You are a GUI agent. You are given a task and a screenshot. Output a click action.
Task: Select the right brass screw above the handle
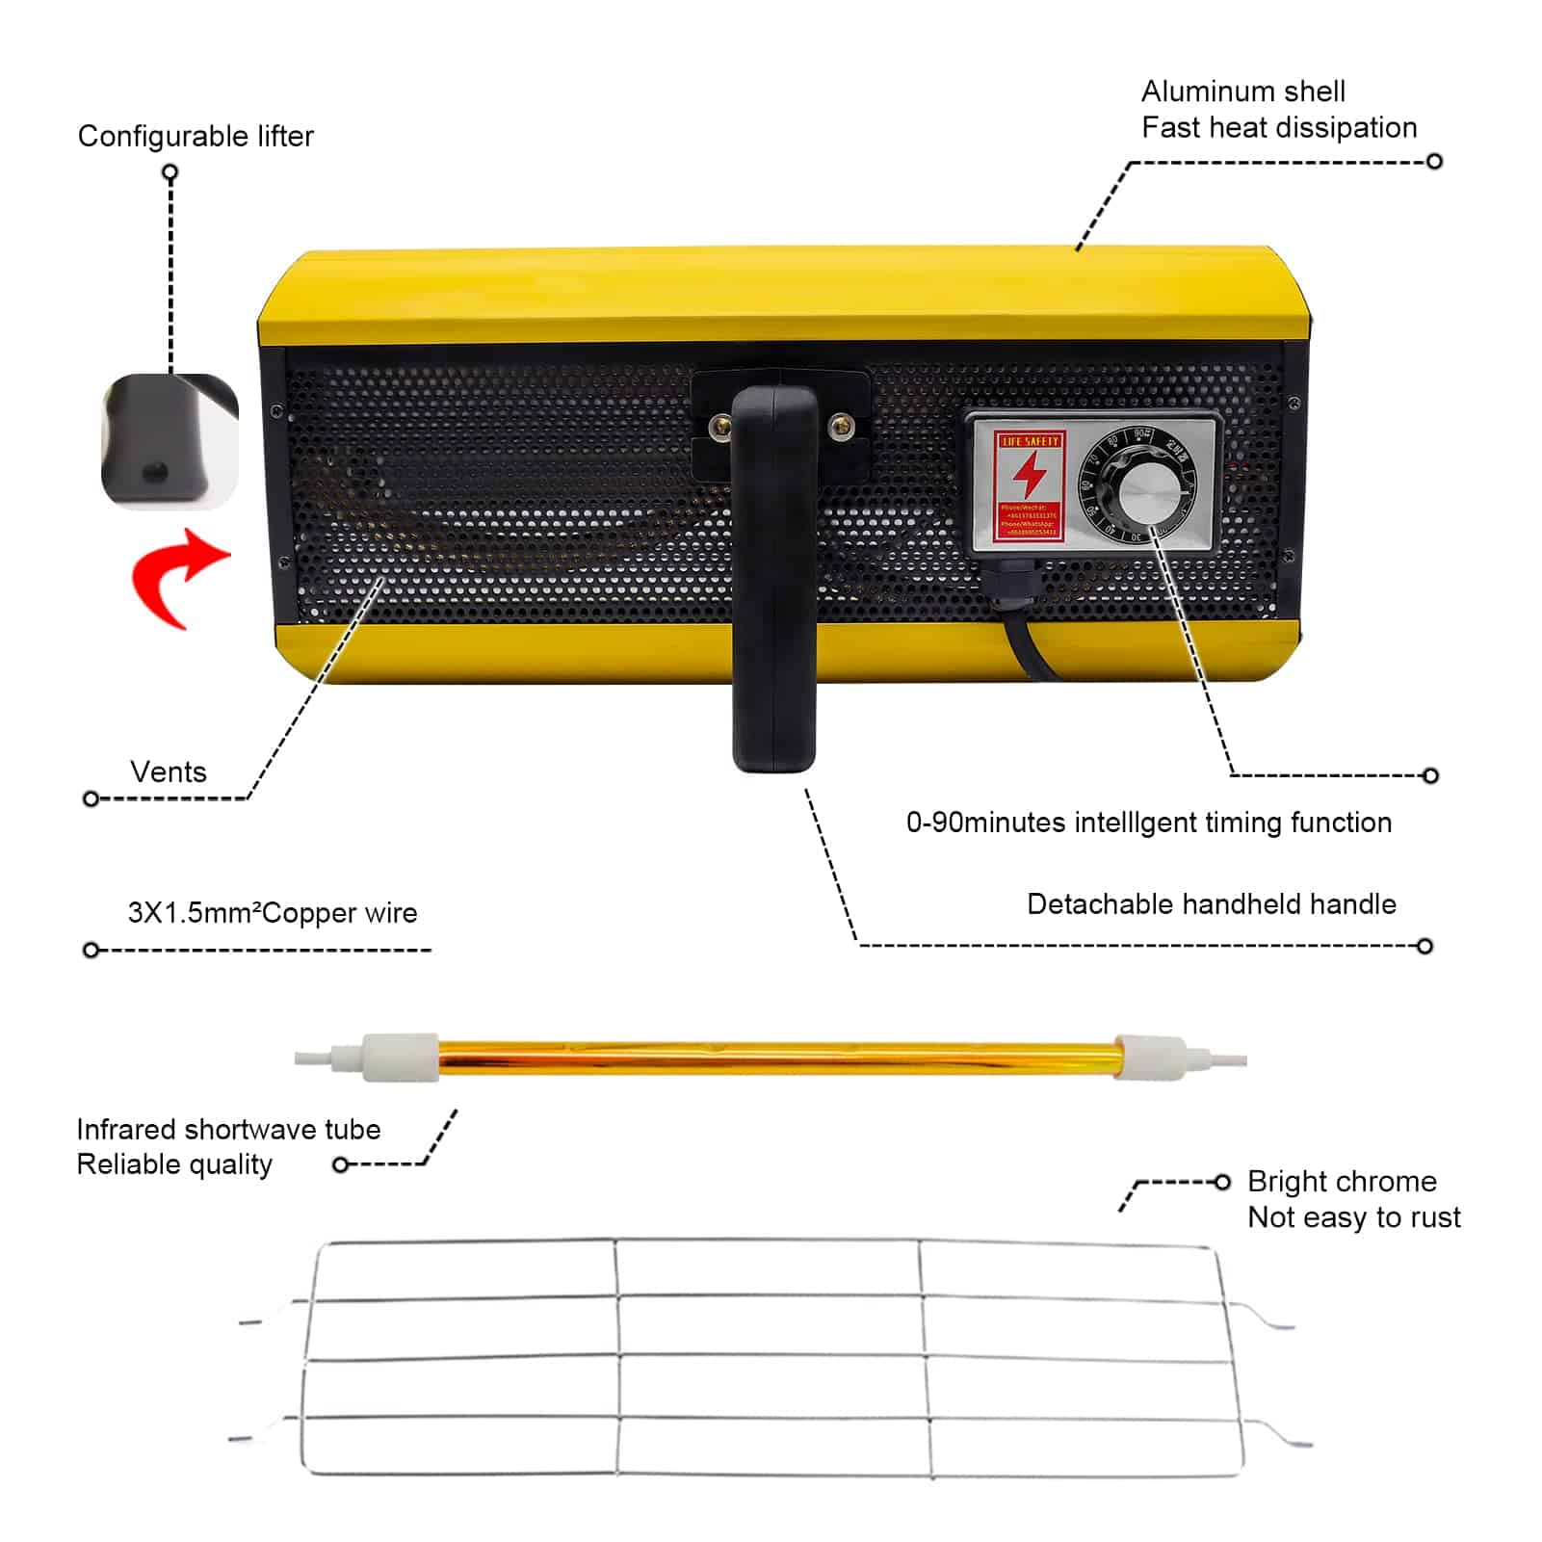click(x=840, y=424)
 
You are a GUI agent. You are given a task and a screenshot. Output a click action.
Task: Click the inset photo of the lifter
click(x=170, y=441)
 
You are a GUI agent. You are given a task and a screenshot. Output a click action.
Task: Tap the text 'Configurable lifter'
click(x=196, y=137)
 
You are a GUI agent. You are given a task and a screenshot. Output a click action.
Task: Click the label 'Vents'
click(x=169, y=771)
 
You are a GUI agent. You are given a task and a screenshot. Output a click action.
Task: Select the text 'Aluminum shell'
click(x=1242, y=91)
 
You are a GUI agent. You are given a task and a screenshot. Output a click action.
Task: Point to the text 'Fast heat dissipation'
click(x=1278, y=128)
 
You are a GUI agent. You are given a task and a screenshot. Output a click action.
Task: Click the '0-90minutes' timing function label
click(x=1148, y=823)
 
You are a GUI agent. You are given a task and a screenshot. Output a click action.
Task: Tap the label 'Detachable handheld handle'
click(x=1211, y=904)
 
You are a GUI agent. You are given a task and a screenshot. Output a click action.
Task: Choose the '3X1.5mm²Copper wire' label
click(x=273, y=913)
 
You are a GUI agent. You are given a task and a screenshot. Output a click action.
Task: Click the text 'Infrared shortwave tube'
click(x=228, y=1129)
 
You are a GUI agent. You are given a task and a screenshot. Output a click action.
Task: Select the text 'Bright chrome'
click(x=1342, y=1181)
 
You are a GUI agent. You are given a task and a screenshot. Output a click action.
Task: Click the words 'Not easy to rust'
click(x=1353, y=1217)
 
